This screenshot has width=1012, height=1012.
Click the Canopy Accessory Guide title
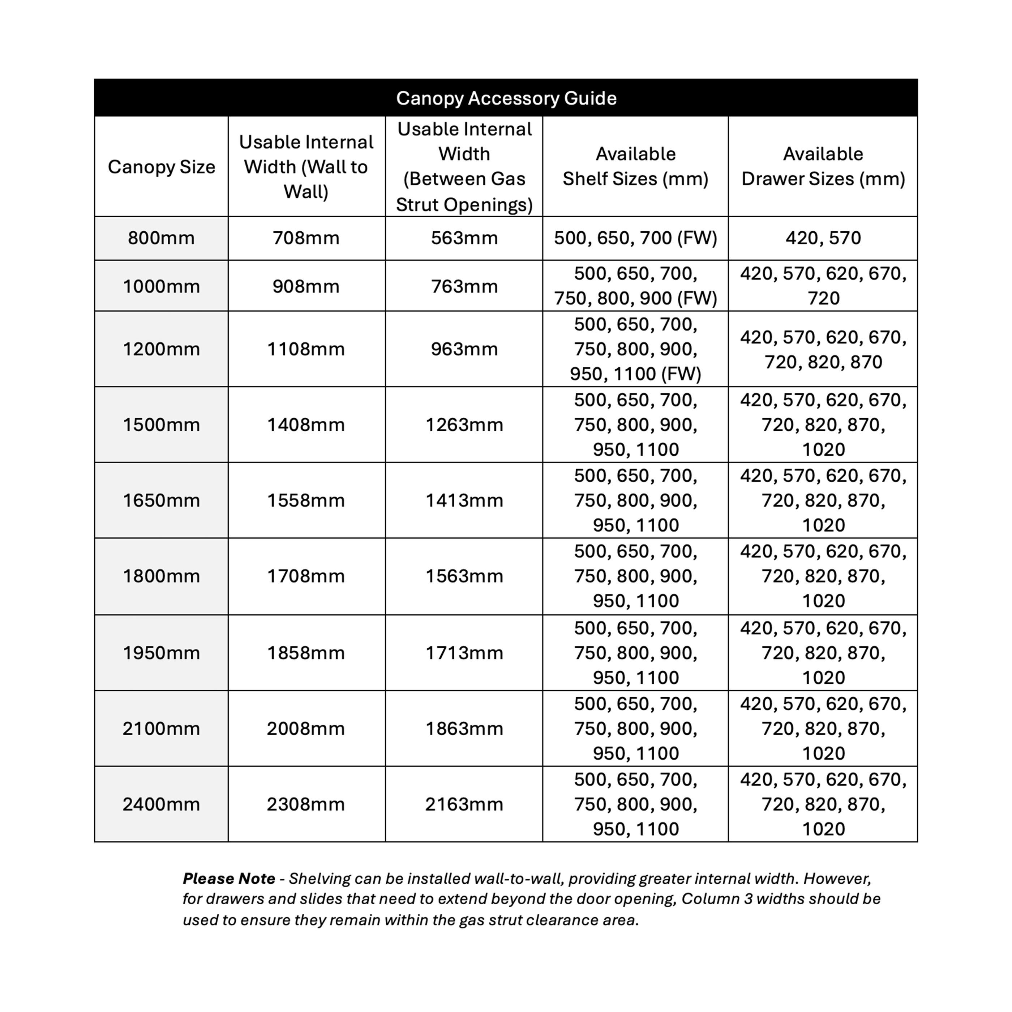[x=506, y=98]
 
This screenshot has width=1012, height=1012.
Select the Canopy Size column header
[x=161, y=167]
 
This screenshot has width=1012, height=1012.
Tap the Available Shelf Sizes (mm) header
[x=635, y=167]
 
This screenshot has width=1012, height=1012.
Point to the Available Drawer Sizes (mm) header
[x=823, y=167]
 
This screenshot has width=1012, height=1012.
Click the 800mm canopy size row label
[x=161, y=238]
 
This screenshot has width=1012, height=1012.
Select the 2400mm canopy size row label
[x=161, y=805]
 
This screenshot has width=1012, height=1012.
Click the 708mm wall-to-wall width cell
[x=306, y=238]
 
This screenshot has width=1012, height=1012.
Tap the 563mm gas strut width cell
[x=464, y=238]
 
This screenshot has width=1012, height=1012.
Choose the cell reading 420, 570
[x=823, y=238]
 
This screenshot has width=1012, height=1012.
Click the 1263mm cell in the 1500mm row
[x=464, y=425]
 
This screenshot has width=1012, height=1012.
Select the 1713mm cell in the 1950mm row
[x=464, y=653]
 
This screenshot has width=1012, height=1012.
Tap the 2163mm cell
[x=464, y=805]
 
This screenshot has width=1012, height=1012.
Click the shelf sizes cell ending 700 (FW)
[x=635, y=238]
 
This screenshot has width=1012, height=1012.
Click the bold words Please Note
[x=229, y=878]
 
